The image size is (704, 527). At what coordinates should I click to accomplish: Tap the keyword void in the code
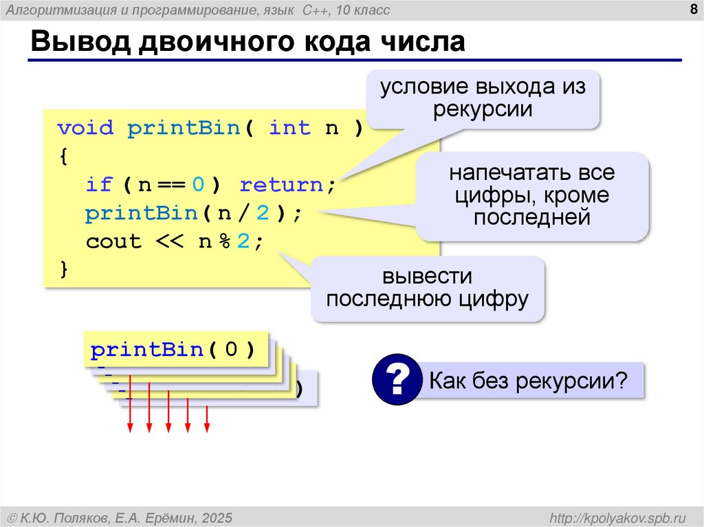coord(85,128)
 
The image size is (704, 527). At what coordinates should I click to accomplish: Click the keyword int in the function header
coord(289,128)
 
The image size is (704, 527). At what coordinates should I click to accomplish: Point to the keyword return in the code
coord(282,185)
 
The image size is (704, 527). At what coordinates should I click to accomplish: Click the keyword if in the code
coord(99,185)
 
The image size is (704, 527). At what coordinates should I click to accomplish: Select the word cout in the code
coord(113,242)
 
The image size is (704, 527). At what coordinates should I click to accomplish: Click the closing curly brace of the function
coord(64,269)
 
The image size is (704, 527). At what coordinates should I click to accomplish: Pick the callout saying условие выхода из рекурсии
coord(482,98)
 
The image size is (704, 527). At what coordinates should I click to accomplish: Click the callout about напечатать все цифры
coord(532,195)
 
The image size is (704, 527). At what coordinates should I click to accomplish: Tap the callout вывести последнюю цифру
coord(428,288)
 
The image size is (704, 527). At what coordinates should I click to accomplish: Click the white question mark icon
coord(397,379)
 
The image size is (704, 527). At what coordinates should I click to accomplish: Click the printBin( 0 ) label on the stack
coord(173,350)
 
